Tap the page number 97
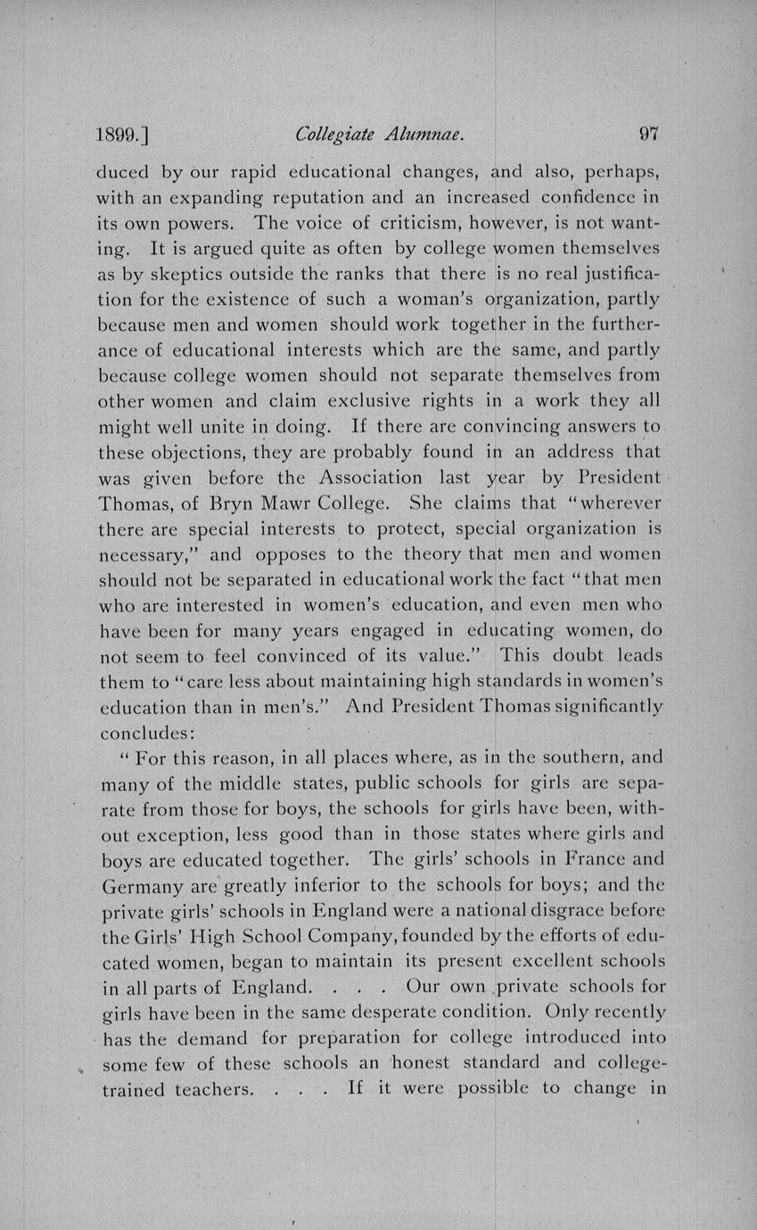click(648, 135)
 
